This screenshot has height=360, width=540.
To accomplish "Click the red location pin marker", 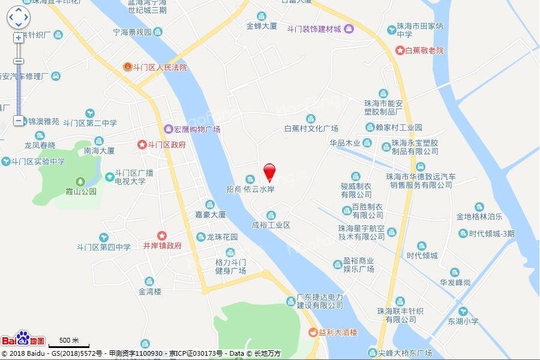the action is click(269, 172).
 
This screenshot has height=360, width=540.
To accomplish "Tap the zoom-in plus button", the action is click(18, 37).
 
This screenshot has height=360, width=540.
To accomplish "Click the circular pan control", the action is click(18, 17).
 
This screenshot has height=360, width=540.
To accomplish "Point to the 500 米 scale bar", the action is click(68, 343).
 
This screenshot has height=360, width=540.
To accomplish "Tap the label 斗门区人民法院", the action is click(159, 67).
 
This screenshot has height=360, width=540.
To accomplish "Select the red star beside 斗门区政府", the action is click(142, 145).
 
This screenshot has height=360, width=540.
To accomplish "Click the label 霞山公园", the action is click(80, 191).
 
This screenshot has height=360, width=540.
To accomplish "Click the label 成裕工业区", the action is click(271, 225).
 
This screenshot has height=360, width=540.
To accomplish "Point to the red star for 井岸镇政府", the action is click(161, 235).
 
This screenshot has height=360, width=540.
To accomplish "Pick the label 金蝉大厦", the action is click(261, 26).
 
